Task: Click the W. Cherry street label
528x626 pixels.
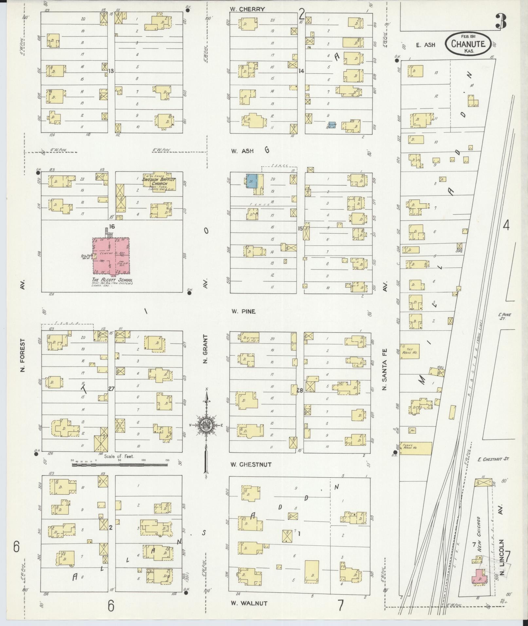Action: pyautogui.click(x=247, y=9)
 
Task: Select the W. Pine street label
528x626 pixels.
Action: pyautogui.click(x=243, y=312)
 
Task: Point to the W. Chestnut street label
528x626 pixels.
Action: pyautogui.click(x=251, y=464)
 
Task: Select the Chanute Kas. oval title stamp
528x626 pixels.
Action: pyautogui.click(x=468, y=44)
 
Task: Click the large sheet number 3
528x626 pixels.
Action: pyautogui.click(x=501, y=22)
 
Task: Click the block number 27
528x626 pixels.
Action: pyautogui.click(x=111, y=389)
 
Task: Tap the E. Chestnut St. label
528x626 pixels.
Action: pyautogui.click(x=493, y=459)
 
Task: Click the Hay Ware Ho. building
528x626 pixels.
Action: pyautogui.click(x=410, y=351)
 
